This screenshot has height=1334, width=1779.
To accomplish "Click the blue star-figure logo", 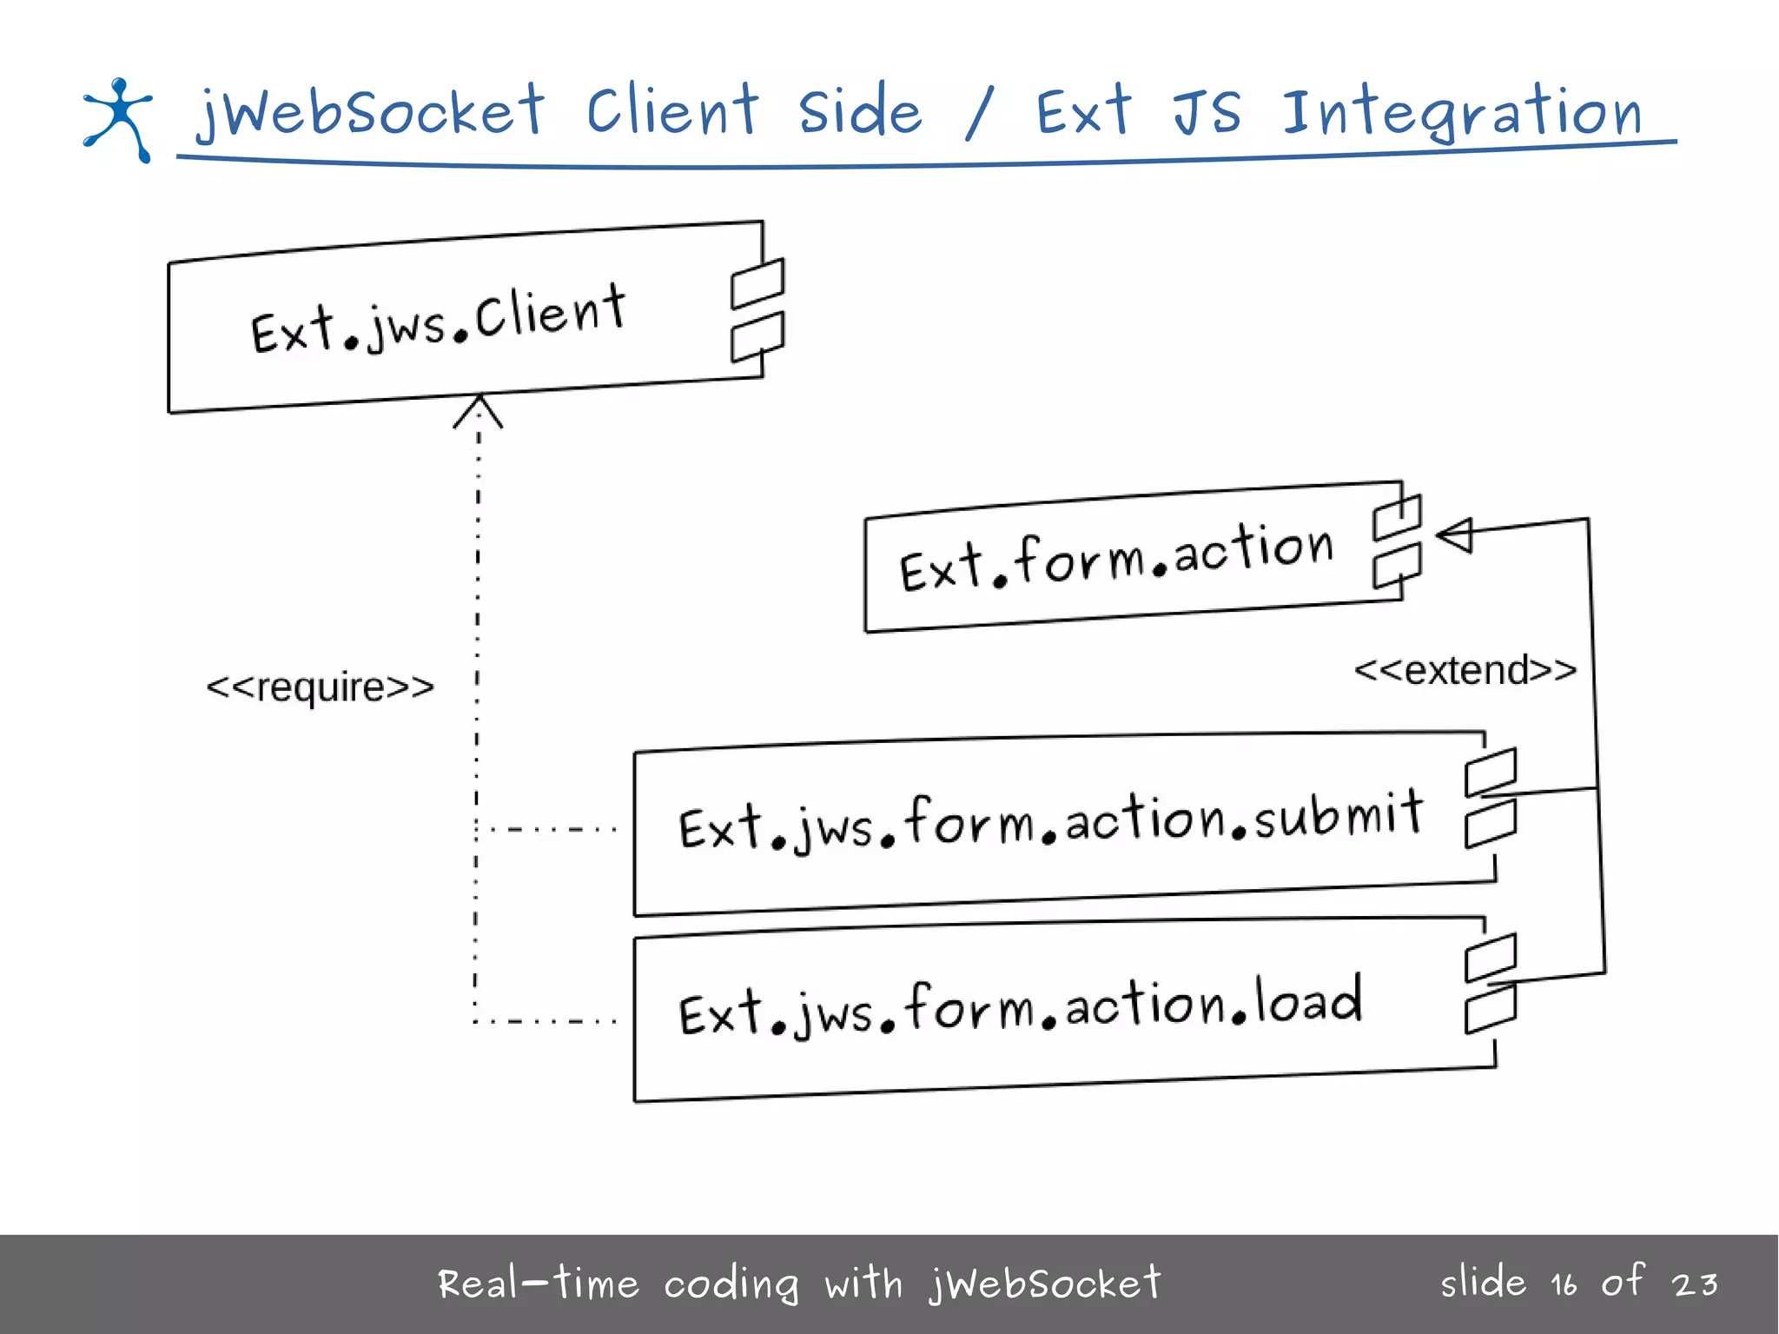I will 118,119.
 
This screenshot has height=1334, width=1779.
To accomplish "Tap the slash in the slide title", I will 979,115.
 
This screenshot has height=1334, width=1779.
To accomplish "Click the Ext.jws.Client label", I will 438,320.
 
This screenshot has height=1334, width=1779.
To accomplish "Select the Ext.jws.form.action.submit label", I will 1049,821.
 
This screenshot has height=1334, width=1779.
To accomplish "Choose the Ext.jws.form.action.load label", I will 1020,1006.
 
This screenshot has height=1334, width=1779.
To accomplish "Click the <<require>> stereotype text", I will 320,687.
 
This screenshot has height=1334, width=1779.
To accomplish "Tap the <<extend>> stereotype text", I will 1465,671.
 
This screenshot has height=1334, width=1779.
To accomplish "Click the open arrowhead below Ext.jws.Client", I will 478,410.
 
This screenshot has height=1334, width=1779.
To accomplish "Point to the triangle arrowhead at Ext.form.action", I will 1455,534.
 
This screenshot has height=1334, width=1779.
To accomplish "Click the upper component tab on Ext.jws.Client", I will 757,283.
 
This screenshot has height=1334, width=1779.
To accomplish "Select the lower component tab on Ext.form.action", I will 1397,566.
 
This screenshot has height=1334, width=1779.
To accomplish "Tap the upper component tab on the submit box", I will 1491,772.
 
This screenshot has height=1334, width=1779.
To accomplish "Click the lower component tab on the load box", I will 1491,1009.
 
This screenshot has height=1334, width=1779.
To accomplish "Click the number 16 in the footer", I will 1564,1284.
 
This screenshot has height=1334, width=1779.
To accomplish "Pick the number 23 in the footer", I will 1695,1284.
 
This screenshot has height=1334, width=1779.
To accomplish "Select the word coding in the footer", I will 731,1284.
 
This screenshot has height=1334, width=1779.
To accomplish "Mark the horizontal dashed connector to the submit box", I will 552,829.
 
